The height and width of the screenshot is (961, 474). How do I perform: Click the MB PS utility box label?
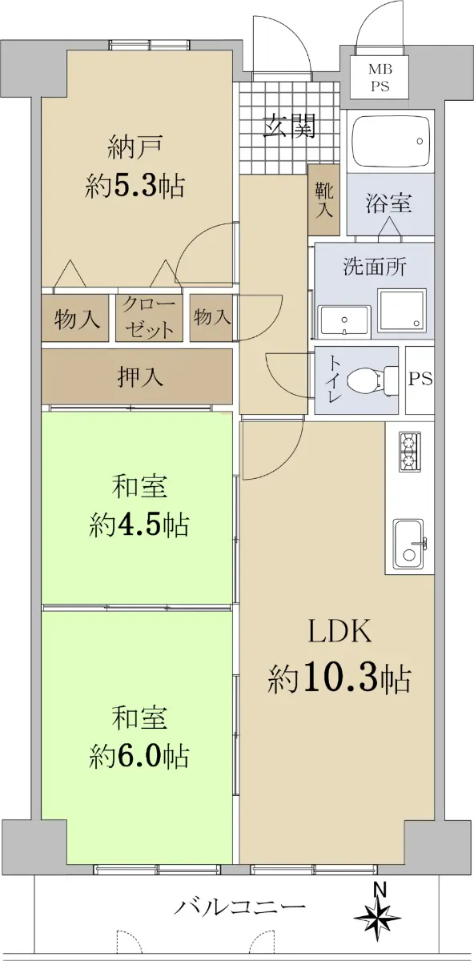pos(380,78)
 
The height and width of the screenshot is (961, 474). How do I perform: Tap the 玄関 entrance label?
pos(290,126)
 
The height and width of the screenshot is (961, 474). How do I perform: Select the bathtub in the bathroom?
pos(391,141)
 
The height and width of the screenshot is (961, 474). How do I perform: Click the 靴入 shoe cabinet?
pos(323,199)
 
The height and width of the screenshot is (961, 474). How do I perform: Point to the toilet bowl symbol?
pos(370,380)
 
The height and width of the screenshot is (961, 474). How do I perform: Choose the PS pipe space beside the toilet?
pos(420,380)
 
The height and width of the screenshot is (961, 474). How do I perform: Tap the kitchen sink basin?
pos(409,544)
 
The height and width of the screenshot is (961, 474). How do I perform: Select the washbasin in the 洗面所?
pos(344,321)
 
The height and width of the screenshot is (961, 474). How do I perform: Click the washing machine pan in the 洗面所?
pos(402,308)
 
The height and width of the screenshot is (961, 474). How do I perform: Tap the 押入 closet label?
pos(140,377)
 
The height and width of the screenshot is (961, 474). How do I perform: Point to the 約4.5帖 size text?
pos(139,525)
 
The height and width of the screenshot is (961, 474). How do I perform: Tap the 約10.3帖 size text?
pos(339,679)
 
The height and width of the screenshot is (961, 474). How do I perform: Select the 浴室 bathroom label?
pos(388,203)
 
